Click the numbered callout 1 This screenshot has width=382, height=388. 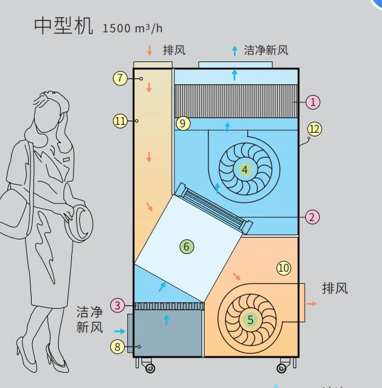coord(313,102)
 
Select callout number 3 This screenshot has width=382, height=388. coord(119,305)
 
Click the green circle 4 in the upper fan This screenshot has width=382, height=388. coord(244,170)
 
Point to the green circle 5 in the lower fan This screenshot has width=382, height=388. coord(250,319)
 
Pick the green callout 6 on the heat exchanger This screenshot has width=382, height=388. coord(186,246)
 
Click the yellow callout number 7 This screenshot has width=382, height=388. coord(120,78)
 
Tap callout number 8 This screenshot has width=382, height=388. coord(118,347)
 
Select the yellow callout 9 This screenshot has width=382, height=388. coord(183,123)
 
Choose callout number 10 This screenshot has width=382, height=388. coord(283,267)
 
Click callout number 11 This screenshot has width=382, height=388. coord(120,121)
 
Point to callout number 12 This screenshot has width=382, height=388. coord(314,129)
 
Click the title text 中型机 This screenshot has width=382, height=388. coord(63,25)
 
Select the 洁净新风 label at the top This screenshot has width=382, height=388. coord(266,50)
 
